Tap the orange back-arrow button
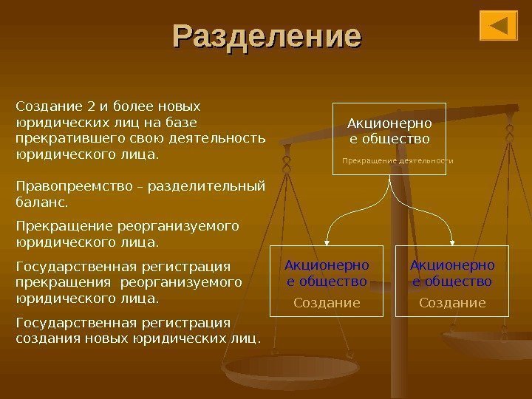pyautogui.click(x=498, y=26)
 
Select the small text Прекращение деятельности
pyautogui.click(x=398, y=160)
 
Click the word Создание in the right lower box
pyautogui.click(x=452, y=302)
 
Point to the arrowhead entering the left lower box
pyautogui.click(x=327, y=240)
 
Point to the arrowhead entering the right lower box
pyautogui.click(x=452, y=240)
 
